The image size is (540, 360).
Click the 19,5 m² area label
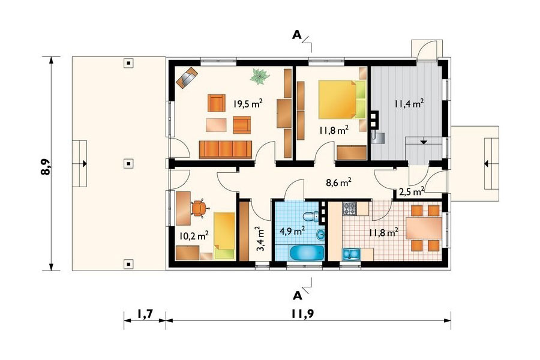click(x=248, y=103)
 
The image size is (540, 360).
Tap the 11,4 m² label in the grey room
click(x=409, y=103)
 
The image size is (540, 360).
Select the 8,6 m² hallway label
click(x=338, y=182)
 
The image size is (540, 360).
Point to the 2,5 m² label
click(x=412, y=191)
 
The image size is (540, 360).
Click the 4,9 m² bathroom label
click(x=293, y=230)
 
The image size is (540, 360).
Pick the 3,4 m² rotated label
click(x=259, y=239)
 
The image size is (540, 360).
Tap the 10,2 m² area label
click(x=194, y=236)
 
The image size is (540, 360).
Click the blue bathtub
click(x=307, y=253)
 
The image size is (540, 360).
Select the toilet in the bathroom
click(x=311, y=217)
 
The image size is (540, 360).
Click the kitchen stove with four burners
click(x=350, y=208)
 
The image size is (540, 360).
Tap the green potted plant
click(x=259, y=76)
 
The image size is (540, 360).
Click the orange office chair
click(x=199, y=208)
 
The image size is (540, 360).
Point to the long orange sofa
click(x=226, y=149)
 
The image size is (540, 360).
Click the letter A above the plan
click(x=297, y=35)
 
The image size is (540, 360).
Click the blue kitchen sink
click(x=351, y=254)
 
